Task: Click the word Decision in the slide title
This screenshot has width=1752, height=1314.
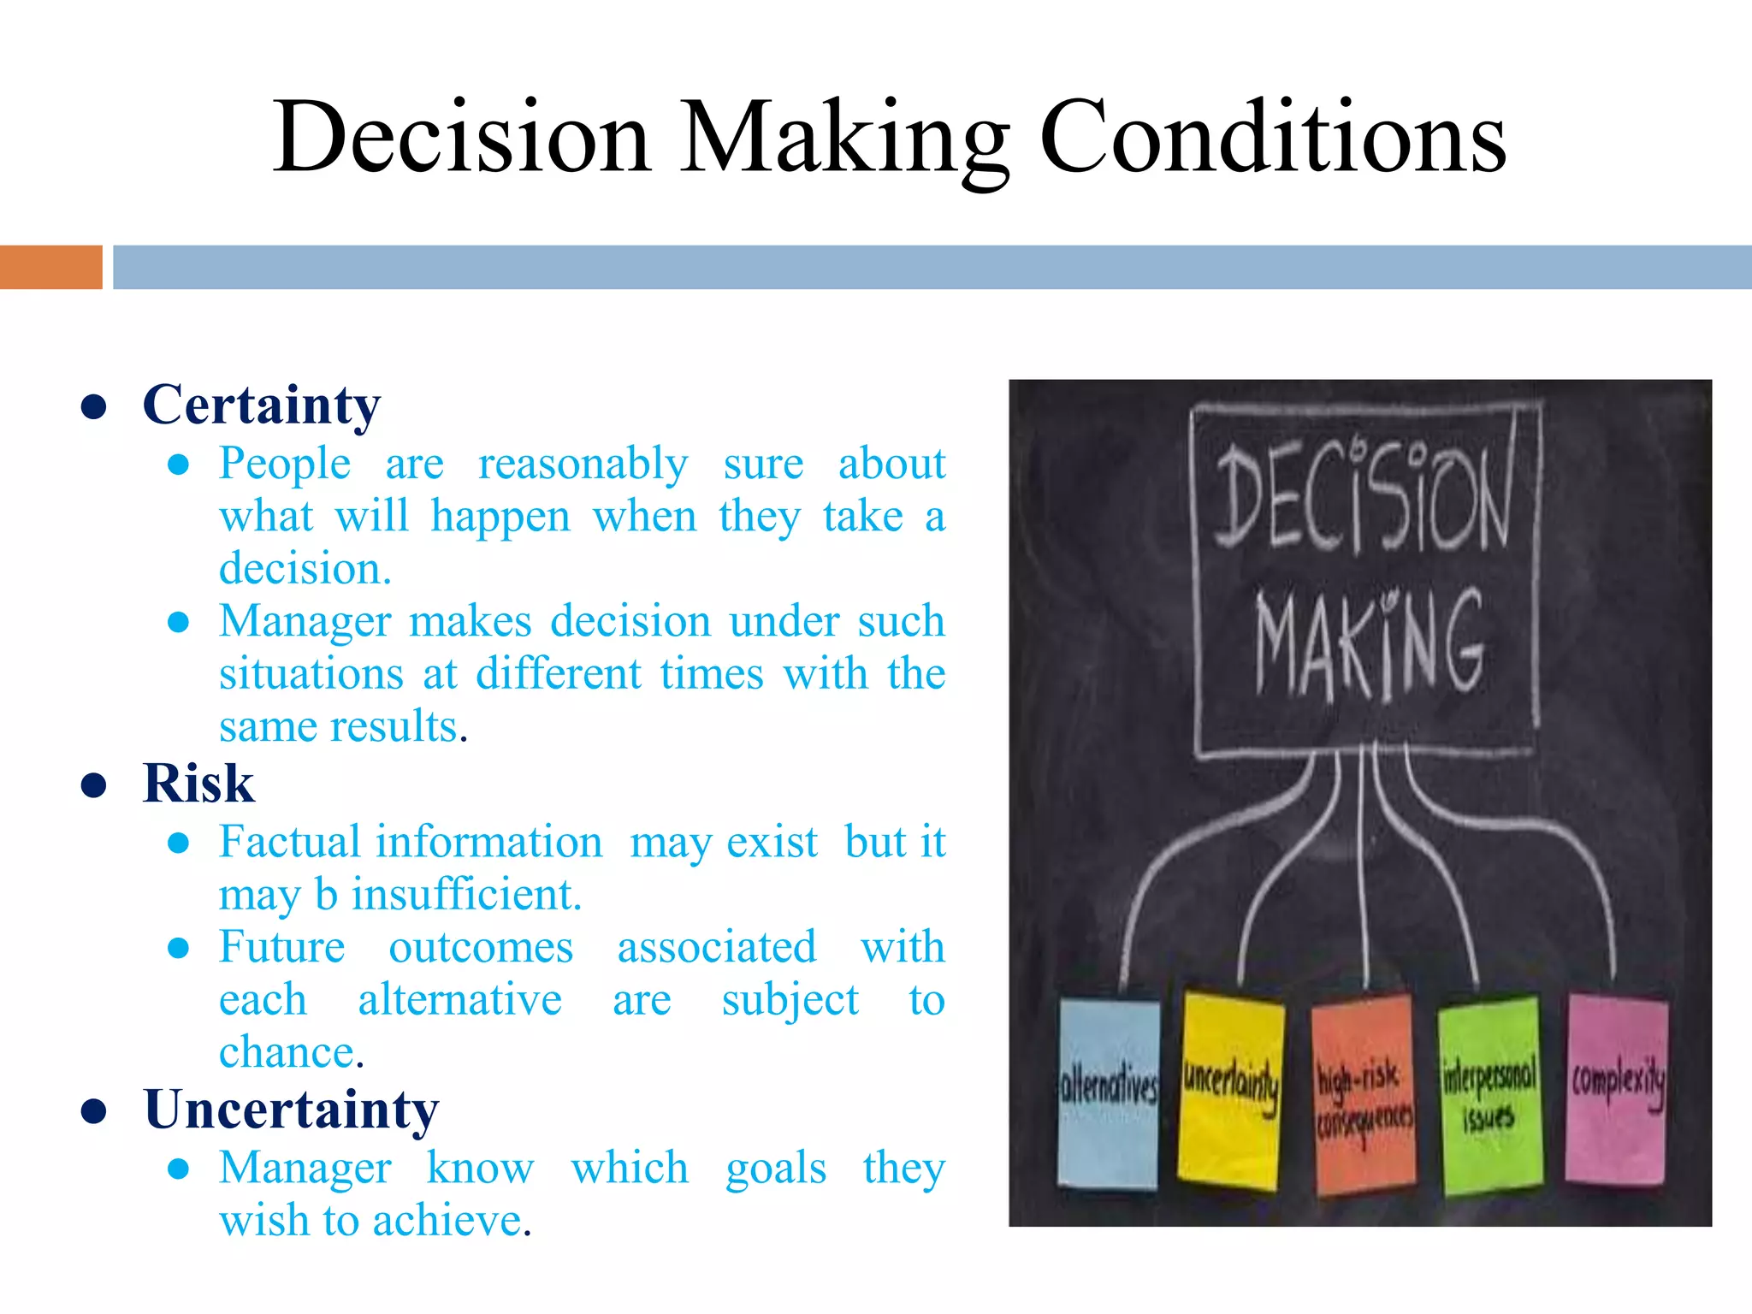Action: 462,137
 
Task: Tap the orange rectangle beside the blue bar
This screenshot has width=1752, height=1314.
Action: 50,267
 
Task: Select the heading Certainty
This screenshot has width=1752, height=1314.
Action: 262,405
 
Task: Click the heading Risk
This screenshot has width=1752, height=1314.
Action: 198,784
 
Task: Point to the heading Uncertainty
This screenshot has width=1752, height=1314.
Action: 291,1110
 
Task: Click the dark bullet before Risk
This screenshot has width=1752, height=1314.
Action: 93,785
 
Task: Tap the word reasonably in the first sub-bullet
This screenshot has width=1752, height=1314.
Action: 583,465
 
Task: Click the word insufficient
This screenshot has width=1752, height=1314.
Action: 466,895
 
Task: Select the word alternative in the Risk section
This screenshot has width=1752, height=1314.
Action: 459,1000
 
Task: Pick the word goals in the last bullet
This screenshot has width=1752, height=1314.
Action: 776,1169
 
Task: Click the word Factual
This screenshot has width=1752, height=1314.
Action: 281,842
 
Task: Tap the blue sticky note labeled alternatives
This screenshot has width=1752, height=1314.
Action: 1108,1093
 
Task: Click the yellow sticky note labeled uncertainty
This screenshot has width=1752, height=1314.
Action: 1230,1091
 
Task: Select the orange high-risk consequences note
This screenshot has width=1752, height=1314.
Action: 1363,1095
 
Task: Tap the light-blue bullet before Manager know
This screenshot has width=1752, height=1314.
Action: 178,1169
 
